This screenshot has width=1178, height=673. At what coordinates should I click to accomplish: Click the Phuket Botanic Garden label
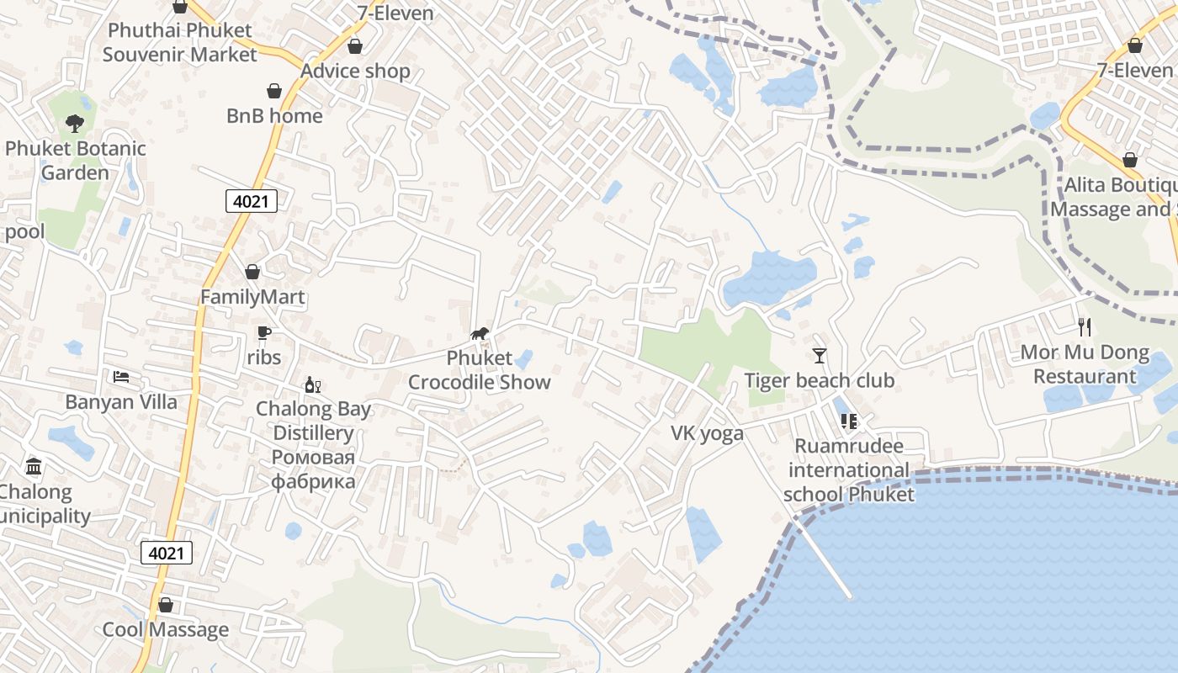tap(75, 161)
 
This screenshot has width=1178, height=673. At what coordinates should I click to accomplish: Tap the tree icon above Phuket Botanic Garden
tap(75, 124)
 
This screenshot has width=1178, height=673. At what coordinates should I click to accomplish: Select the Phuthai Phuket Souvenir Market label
tap(179, 42)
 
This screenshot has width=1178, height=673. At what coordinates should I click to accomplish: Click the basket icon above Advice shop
tap(355, 46)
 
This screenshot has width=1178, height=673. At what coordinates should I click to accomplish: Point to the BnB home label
tap(274, 116)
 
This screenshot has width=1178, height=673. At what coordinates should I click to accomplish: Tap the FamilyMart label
tap(252, 297)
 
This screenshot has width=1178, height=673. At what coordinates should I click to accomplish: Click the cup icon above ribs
tap(264, 333)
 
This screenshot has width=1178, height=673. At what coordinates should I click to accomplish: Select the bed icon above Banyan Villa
tap(122, 376)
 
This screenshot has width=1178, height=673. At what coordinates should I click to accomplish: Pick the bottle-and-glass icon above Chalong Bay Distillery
tap(313, 385)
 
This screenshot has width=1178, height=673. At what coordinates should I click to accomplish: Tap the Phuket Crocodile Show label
tap(480, 370)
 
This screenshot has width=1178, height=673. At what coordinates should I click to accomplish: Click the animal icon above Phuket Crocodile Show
tap(480, 334)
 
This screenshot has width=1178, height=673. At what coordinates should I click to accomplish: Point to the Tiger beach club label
tap(819, 380)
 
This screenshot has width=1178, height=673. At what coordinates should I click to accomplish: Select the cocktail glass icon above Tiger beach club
tap(820, 355)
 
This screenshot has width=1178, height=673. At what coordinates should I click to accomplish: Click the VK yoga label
tap(707, 433)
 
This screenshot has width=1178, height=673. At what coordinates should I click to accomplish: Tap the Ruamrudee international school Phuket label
tap(848, 469)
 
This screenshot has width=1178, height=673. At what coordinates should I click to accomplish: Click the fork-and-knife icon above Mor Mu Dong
tap(1085, 326)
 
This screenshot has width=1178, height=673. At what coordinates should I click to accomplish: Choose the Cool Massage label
tap(165, 629)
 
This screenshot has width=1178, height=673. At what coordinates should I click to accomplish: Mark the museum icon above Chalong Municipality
tap(34, 466)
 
